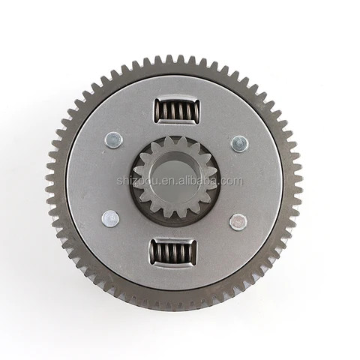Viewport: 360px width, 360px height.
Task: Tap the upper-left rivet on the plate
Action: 114,139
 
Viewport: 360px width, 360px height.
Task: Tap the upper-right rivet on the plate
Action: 238,142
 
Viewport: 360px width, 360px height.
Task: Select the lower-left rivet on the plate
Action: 109,218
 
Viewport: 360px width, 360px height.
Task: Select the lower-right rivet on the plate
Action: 238,222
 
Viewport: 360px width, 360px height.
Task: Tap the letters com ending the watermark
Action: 232,181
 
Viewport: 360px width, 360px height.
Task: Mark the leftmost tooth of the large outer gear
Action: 48,180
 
